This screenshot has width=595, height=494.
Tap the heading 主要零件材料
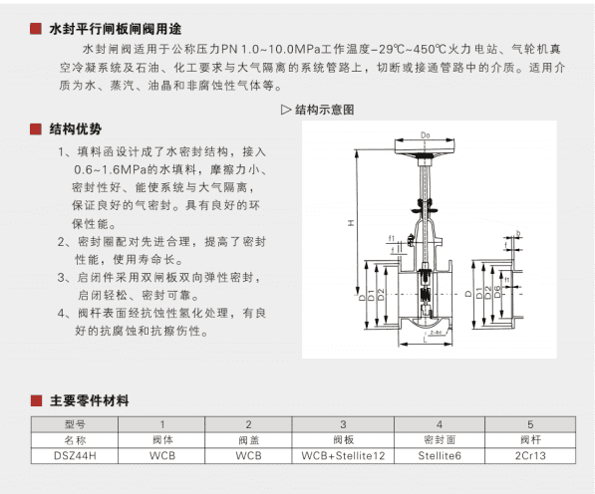point(89,402)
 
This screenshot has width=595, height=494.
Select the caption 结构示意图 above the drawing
point(324,111)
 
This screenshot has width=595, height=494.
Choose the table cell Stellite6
point(440,454)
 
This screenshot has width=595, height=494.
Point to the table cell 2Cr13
point(530,454)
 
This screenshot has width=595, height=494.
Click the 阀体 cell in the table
point(161,439)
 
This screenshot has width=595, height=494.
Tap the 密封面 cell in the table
point(440,439)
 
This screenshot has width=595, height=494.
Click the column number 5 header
point(530,424)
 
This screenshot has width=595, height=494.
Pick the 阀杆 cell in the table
point(530,439)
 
